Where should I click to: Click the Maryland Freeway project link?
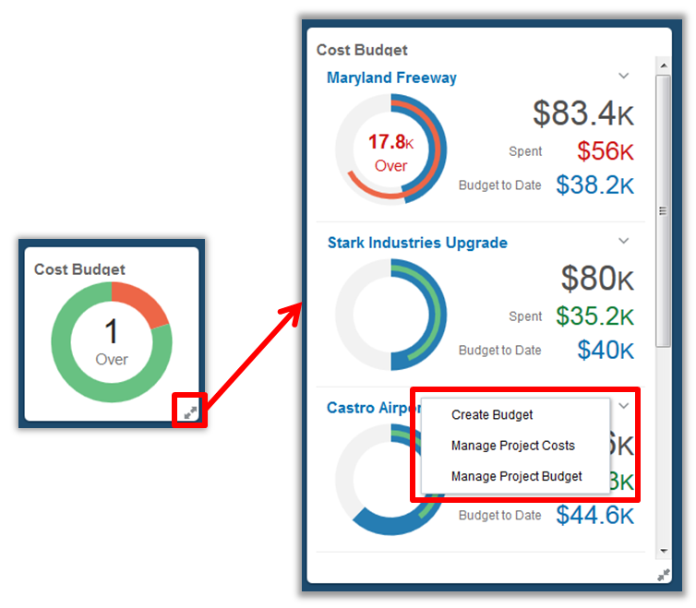(391, 77)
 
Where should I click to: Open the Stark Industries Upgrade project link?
(417, 243)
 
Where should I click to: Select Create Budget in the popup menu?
(492, 414)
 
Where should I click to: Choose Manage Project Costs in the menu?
(512, 446)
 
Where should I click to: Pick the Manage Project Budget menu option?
(516, 476)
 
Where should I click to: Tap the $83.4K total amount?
(583, 113)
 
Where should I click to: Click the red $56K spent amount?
(606, 151)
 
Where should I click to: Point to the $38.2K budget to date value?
(594, 185)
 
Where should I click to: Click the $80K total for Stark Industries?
(597, 279)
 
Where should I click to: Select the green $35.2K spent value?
(594, 316)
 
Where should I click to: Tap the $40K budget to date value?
(606, 351)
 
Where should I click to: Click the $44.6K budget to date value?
(594, 515)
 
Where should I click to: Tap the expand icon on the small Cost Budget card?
(189, 412)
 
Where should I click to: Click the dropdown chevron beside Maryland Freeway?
(623, 76)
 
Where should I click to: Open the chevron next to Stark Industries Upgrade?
(623, 241)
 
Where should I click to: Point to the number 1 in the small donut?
(112, 331)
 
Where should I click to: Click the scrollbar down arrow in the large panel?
(663, 551)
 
